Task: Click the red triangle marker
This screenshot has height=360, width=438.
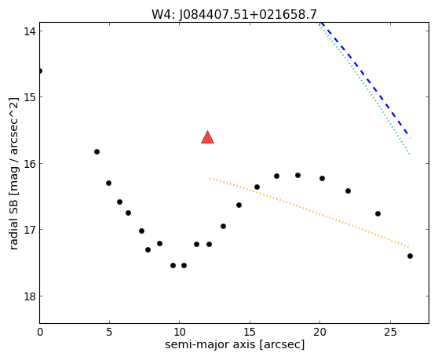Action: click(x=207, y=137)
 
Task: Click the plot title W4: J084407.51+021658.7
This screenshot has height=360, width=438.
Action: click(x=234, y=14)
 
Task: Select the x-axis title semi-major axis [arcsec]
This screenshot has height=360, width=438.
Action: click(x=235, y=344)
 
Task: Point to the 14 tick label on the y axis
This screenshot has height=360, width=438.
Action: click(x=29, y=31)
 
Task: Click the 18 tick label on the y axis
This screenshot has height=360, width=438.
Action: click(x=29, y=296)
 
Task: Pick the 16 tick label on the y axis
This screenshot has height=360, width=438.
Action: click(x=29, y=164)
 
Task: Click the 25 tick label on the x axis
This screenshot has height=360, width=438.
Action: click(x=390, y=332)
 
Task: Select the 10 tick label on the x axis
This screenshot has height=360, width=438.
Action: click(x=180, y=332)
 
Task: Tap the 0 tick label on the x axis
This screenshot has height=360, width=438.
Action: click(x=40, y=332)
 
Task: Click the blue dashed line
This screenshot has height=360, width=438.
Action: click(x=366, y=80)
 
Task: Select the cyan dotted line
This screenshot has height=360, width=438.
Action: click(x=363, y=88)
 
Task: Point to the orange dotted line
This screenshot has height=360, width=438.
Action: click(x=309, y=213)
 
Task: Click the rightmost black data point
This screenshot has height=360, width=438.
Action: click(x=410, y=256)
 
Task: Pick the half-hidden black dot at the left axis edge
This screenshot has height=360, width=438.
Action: click(x=41, y=71)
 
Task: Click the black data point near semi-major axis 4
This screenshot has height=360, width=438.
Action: click(x=97, y=152)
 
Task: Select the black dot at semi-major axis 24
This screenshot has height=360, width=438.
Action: click(x=378, y=214)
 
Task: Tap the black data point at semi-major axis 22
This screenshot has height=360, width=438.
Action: click(x=348, y=191)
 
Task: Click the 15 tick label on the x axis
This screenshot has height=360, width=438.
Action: click(x=250, y=332)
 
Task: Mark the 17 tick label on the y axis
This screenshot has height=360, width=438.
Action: click(x=29, y=230)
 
